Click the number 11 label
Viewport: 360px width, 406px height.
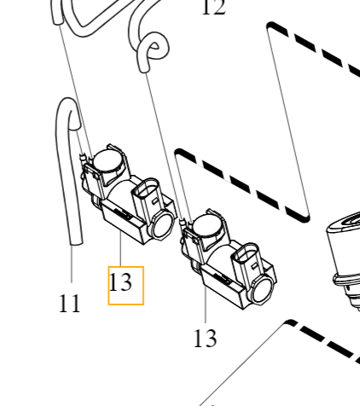click(69, 303)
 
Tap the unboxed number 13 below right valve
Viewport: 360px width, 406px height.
click(205, 338)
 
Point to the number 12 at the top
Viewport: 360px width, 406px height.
click(212, 9)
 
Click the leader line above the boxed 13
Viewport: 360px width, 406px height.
click(120, 252)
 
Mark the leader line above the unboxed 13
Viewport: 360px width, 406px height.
click(205, 307)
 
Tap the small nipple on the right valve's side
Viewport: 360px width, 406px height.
click(185, 223)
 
